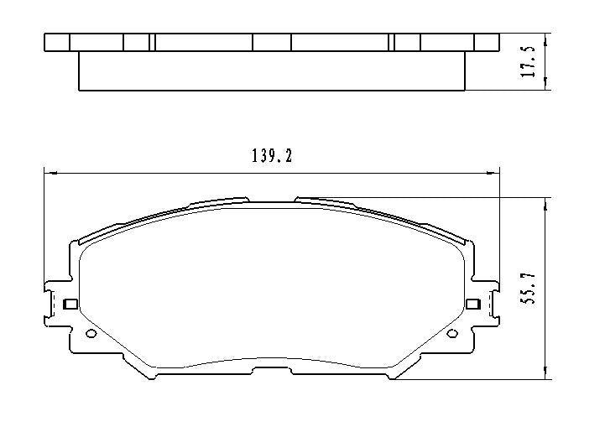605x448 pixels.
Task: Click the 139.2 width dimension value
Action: (272, 156)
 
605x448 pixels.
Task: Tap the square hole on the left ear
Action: (70, 304)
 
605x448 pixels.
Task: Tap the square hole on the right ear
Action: (472, 304)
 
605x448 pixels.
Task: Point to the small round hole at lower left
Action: (91, 334)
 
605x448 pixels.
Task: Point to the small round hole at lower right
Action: (452, 334)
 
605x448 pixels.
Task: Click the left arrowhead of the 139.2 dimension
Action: (49, 174)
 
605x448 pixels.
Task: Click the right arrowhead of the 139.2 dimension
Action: (494, 174)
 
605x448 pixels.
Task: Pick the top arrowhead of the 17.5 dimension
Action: (547, 39)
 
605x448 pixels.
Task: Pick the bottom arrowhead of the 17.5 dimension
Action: (547, 85)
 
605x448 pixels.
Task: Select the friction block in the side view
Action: (272, 70)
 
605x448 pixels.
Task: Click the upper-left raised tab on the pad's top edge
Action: (220, 201)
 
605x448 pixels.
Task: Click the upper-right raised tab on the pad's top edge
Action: (324, 201)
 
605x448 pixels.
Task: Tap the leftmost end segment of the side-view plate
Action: (56, 43)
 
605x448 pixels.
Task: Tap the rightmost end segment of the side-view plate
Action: (487, 43)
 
